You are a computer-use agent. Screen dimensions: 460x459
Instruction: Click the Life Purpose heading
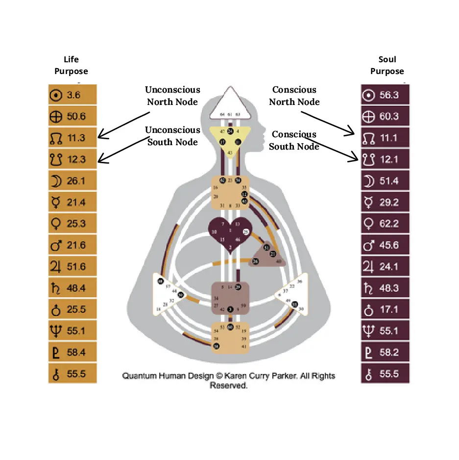(71, 65)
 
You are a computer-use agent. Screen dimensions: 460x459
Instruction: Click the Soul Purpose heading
(387, 65)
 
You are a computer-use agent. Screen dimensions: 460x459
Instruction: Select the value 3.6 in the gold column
(73, 95)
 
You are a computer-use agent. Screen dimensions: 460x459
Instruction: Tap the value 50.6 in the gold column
(76, 116)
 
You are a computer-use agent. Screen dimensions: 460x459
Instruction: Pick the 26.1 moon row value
(76, 181)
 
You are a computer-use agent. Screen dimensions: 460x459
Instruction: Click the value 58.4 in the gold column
(76, 352)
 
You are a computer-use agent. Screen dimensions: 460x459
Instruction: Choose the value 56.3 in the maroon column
(389, 95)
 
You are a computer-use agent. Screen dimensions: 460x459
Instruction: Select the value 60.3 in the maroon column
(389, 116)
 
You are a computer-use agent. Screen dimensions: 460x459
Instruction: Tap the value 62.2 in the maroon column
(389, 224)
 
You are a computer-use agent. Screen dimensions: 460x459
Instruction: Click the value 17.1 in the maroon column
(389, 309)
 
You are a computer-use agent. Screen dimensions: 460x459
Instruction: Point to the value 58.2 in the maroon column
(389, 352)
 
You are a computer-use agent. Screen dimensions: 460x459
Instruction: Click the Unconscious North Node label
(172, 96)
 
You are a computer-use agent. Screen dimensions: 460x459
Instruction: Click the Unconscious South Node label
(172, 136)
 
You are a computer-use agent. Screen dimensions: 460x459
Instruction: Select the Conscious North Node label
(294, 96)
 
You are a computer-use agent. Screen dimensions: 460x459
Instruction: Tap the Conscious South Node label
(293, 140)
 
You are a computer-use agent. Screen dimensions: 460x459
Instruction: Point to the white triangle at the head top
(230, 105)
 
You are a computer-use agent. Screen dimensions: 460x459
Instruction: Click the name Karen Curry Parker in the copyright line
(267, 376)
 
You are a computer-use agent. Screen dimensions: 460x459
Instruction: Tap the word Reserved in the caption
(229, 385)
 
